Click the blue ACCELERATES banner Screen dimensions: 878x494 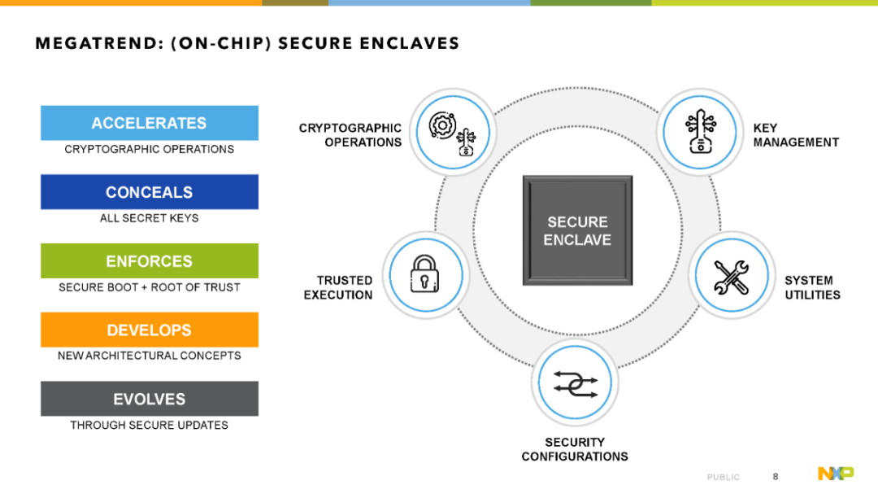coord(150,123)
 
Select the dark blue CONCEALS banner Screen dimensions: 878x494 coord(150,192)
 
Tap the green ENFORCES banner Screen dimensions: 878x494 coord(150,260)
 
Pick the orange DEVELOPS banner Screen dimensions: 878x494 coord(150,330)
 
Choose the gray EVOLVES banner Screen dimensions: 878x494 coord(150,399)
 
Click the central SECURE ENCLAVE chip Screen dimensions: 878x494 coord(577,230)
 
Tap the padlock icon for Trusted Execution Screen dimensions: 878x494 coord(424,273)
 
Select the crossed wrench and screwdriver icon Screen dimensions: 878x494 coord(732,277)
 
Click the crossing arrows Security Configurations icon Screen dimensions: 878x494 coord(575,383)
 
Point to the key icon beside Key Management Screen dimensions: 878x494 coord(700,131)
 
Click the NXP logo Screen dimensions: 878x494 coord(836,474)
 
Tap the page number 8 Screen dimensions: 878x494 coord(776,477)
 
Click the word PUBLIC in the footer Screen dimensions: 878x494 coord(723,477)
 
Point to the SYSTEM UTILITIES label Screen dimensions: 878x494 coord(812,287)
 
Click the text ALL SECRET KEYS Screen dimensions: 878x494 coord(149,218)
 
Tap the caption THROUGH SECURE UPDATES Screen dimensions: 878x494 coord(149,425)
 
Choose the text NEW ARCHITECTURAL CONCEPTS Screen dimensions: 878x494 coord(149,356)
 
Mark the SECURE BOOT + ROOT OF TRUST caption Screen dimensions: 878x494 coord(149,287)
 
